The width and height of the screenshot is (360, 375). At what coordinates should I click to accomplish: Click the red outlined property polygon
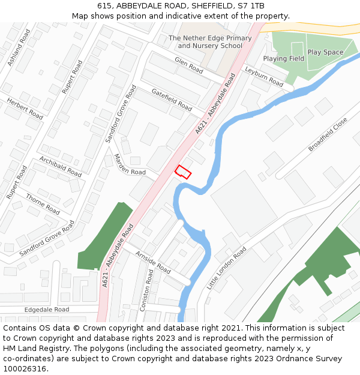pos(183,172)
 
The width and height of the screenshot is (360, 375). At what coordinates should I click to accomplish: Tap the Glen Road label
pos(188,65)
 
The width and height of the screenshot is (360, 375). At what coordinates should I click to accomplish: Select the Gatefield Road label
pos(172,99)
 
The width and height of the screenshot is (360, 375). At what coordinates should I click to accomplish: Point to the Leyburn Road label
pos(264,76)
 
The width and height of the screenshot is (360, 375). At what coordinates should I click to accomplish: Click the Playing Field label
pos(283,59)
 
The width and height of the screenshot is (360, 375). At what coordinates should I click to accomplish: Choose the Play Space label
pos(325,52)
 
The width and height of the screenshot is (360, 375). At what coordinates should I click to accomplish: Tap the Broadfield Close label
pos(328,134)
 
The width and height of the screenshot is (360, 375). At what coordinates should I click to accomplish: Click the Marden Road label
pos(130,164)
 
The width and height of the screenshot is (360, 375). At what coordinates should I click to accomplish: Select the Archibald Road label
pos(60,166)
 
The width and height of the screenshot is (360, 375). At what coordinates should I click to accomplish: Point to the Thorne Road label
pos(43,203)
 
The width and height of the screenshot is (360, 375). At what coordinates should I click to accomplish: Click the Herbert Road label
pos(25,108)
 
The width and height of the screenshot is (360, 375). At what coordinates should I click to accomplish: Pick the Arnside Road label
pos(153,263)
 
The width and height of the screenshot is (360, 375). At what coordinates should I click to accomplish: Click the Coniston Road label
pos(146,290)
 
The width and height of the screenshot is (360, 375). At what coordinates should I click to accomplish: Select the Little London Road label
pos(227,268)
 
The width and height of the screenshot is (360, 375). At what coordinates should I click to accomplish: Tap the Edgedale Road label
pos(47,310)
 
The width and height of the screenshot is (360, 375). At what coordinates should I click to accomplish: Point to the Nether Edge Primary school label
pos(210,42)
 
